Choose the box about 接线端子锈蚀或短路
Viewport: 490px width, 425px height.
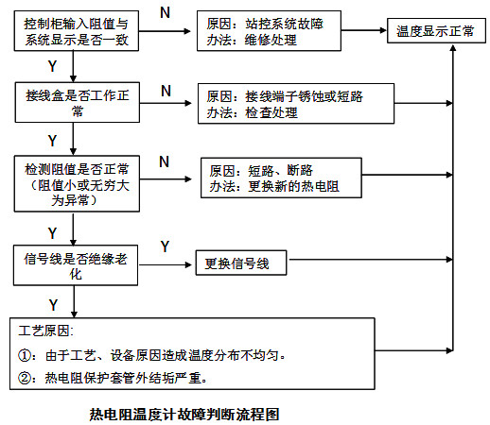295,104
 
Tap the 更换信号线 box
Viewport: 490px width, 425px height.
237,264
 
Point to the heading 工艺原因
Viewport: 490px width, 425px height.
46,332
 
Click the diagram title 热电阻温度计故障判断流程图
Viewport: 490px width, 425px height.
184,413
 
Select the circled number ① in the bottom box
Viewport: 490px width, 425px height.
27,356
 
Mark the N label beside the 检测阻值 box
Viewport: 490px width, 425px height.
165,161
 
